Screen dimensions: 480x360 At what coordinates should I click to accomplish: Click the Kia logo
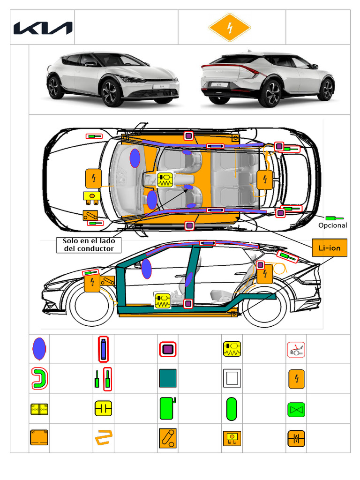tap(43, 28)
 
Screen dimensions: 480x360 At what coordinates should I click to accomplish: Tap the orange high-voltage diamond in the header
tap(229, 28)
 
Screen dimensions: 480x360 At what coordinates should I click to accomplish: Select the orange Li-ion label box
tap(330, 248)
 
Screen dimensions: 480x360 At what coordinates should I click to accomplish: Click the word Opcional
tap(333, 225)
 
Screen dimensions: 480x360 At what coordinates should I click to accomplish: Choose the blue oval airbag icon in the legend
tap(39, 349)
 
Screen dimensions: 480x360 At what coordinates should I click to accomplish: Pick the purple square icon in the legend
tap(168, 349)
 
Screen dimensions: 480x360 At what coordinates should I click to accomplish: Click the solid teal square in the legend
tap(168, 378)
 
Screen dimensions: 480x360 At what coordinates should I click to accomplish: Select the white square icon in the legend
tap(232, 378)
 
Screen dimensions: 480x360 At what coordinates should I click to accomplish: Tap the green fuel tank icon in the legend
tap(167, 408)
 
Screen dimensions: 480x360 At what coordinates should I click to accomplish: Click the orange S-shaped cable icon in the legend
tap(103, 438)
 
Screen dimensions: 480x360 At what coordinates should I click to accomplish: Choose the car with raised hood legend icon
tap(296, 350)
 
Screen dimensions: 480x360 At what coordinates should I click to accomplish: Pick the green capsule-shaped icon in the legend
tap(232, 409)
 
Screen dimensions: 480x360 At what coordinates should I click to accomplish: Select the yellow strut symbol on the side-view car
tap(163, 300)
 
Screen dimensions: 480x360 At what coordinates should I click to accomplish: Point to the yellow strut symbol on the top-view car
tap(165, 180)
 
